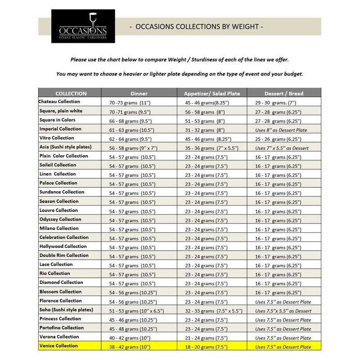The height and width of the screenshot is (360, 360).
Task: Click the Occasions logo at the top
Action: point(83,27)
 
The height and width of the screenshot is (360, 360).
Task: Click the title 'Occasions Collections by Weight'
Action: point(196,27)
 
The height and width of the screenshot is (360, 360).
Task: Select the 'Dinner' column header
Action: point(139,94)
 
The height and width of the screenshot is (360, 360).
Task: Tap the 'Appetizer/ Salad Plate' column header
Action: point(215,94)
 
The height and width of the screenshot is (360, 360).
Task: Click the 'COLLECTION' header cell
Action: point(71,94)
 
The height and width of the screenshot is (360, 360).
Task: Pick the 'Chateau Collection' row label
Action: point(59,102)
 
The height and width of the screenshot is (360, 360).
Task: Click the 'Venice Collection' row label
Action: point(58,346)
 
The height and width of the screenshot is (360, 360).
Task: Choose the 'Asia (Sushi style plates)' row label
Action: point(66,147)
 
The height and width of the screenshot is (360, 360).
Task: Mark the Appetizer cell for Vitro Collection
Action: point(207,139)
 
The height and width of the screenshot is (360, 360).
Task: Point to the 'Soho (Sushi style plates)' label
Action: point(66,310)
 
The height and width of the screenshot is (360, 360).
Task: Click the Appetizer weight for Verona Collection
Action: point(203,337)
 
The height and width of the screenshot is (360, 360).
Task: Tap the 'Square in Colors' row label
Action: point(57,120)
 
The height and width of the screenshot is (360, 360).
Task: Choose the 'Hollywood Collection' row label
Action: point(63,247)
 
